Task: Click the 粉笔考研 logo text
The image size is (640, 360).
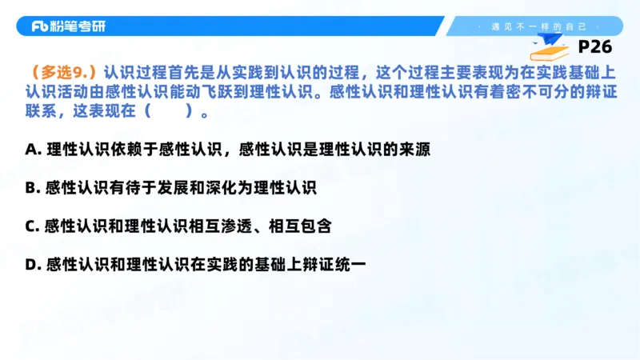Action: pyautogui.click(x=68, y=26)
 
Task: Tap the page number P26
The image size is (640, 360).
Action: pyautogui.click(x=594, y=47)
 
